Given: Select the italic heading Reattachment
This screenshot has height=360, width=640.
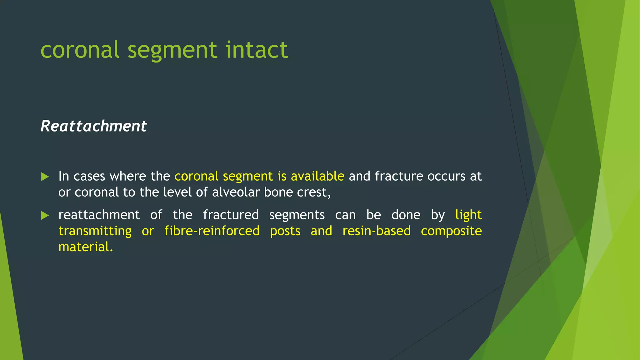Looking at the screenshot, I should click(93, 126).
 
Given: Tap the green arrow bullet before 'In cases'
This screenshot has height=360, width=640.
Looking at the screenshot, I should click(45, 177).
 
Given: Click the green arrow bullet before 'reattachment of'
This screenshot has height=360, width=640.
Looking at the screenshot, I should click(45, 215).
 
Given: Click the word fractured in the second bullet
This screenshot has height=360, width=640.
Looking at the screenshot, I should click(231, 215).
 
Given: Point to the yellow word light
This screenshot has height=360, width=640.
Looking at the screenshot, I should click(468, 215).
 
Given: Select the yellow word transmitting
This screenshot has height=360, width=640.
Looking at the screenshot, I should click(95, 231).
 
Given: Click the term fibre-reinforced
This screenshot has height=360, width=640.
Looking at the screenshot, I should click(212, 231).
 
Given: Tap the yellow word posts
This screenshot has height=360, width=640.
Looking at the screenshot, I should click(285, 231).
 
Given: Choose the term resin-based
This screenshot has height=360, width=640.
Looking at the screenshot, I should click(376, 231).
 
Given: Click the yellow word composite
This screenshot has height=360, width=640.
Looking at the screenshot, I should click(451, 231).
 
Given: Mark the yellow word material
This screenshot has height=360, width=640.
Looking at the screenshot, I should click(85, 247).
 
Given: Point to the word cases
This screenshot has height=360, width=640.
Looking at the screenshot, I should click(89, 176).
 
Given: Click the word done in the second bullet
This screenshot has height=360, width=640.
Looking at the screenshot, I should click(406, 215).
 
